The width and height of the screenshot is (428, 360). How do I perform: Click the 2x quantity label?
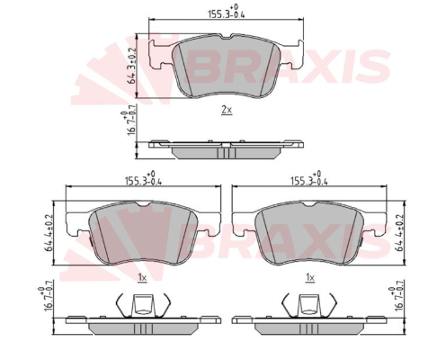227,110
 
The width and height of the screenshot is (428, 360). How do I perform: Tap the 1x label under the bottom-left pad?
142,278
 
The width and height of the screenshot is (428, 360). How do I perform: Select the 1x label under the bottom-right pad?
310,278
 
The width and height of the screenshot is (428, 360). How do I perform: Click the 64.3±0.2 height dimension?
131,66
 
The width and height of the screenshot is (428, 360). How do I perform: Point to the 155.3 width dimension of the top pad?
227,12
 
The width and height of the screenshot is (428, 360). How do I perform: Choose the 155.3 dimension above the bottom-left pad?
143,178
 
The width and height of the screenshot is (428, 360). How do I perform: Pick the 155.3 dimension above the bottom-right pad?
309,178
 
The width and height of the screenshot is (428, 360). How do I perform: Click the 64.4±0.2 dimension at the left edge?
48,232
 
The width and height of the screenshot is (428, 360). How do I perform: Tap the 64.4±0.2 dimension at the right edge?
400,232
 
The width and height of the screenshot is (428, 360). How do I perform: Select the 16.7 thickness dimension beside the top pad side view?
128,123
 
